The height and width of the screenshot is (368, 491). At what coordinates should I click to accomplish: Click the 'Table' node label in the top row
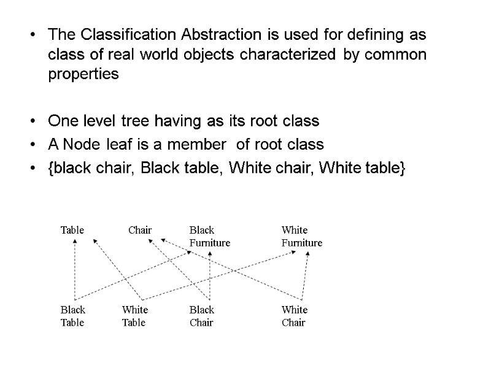point(72,231)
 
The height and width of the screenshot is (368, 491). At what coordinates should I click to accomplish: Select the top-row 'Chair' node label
point(140,231)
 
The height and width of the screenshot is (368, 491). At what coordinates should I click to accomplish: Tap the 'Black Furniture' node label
point(209,236)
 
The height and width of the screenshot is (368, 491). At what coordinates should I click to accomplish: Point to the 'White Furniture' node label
point(301,236)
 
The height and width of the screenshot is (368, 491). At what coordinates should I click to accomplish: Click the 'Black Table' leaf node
point(73,316)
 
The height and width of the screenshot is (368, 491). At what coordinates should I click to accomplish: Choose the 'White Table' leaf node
point(134,316)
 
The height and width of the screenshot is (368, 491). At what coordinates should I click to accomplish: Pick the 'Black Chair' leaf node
point(202,316)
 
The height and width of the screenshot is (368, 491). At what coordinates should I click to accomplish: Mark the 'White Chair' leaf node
point(295,316)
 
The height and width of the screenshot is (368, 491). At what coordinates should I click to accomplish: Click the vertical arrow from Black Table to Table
point(74,270)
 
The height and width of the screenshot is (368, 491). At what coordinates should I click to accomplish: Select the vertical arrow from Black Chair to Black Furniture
point(210,276)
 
